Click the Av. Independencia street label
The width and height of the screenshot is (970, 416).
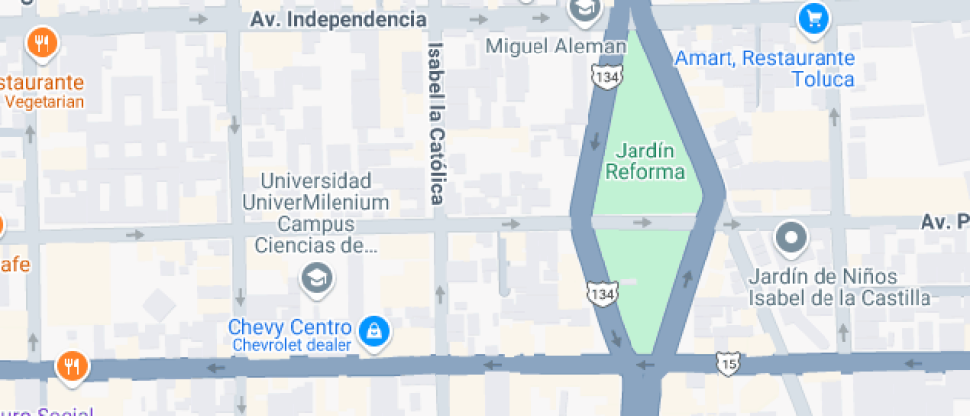(x=338, y=19)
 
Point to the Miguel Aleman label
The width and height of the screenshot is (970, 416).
(x=556, y=46)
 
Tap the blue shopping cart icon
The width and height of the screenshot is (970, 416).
(x=813, y=17)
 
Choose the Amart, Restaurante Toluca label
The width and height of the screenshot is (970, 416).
(x=764, y=68)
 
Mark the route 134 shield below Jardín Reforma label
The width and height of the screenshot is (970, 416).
(x=602, y=293)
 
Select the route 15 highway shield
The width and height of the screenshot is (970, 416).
(x=729, y=364)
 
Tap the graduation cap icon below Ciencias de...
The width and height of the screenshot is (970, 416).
(x=316, y=279)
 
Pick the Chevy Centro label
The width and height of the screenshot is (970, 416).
(x=289, y=327)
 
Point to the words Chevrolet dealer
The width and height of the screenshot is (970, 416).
(x=292, y=345)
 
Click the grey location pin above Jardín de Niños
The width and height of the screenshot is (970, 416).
(x=790, y=238)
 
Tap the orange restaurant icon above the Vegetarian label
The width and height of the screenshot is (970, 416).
(x=41, y=43)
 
